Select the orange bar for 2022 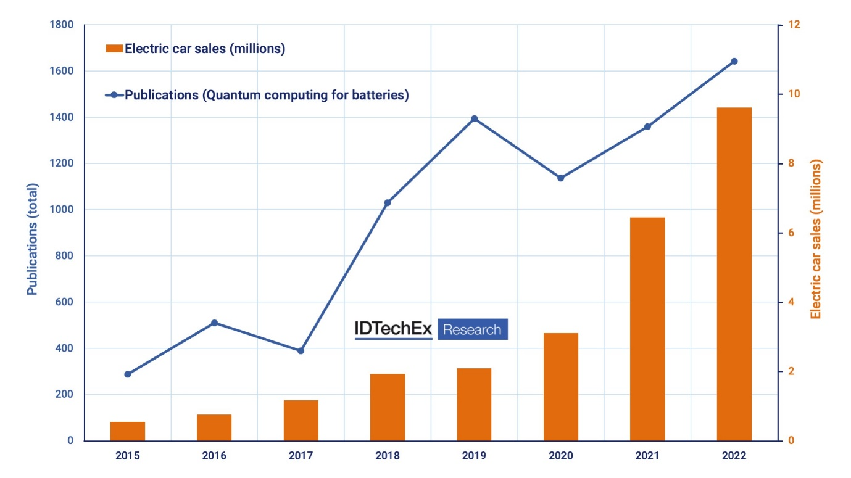click(734, 274)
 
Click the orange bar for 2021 click(647, 329)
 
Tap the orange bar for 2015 click(128, 431)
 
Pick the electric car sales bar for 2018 click(388, 407)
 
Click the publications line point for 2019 click(475, 118)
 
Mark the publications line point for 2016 click(214, 323)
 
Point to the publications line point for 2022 click(734, 61)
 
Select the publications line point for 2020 click(561, 178)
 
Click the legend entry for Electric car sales click(195, 49)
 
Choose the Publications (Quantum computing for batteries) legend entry click(257, 95)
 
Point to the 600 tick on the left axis click(65, 302)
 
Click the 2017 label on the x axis click(301, 456)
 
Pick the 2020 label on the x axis click(561, 456)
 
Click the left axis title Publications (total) click(32, 239)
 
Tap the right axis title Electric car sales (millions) click(816, 239)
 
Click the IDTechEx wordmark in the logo click(393, 329)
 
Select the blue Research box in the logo click(473, 329)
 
